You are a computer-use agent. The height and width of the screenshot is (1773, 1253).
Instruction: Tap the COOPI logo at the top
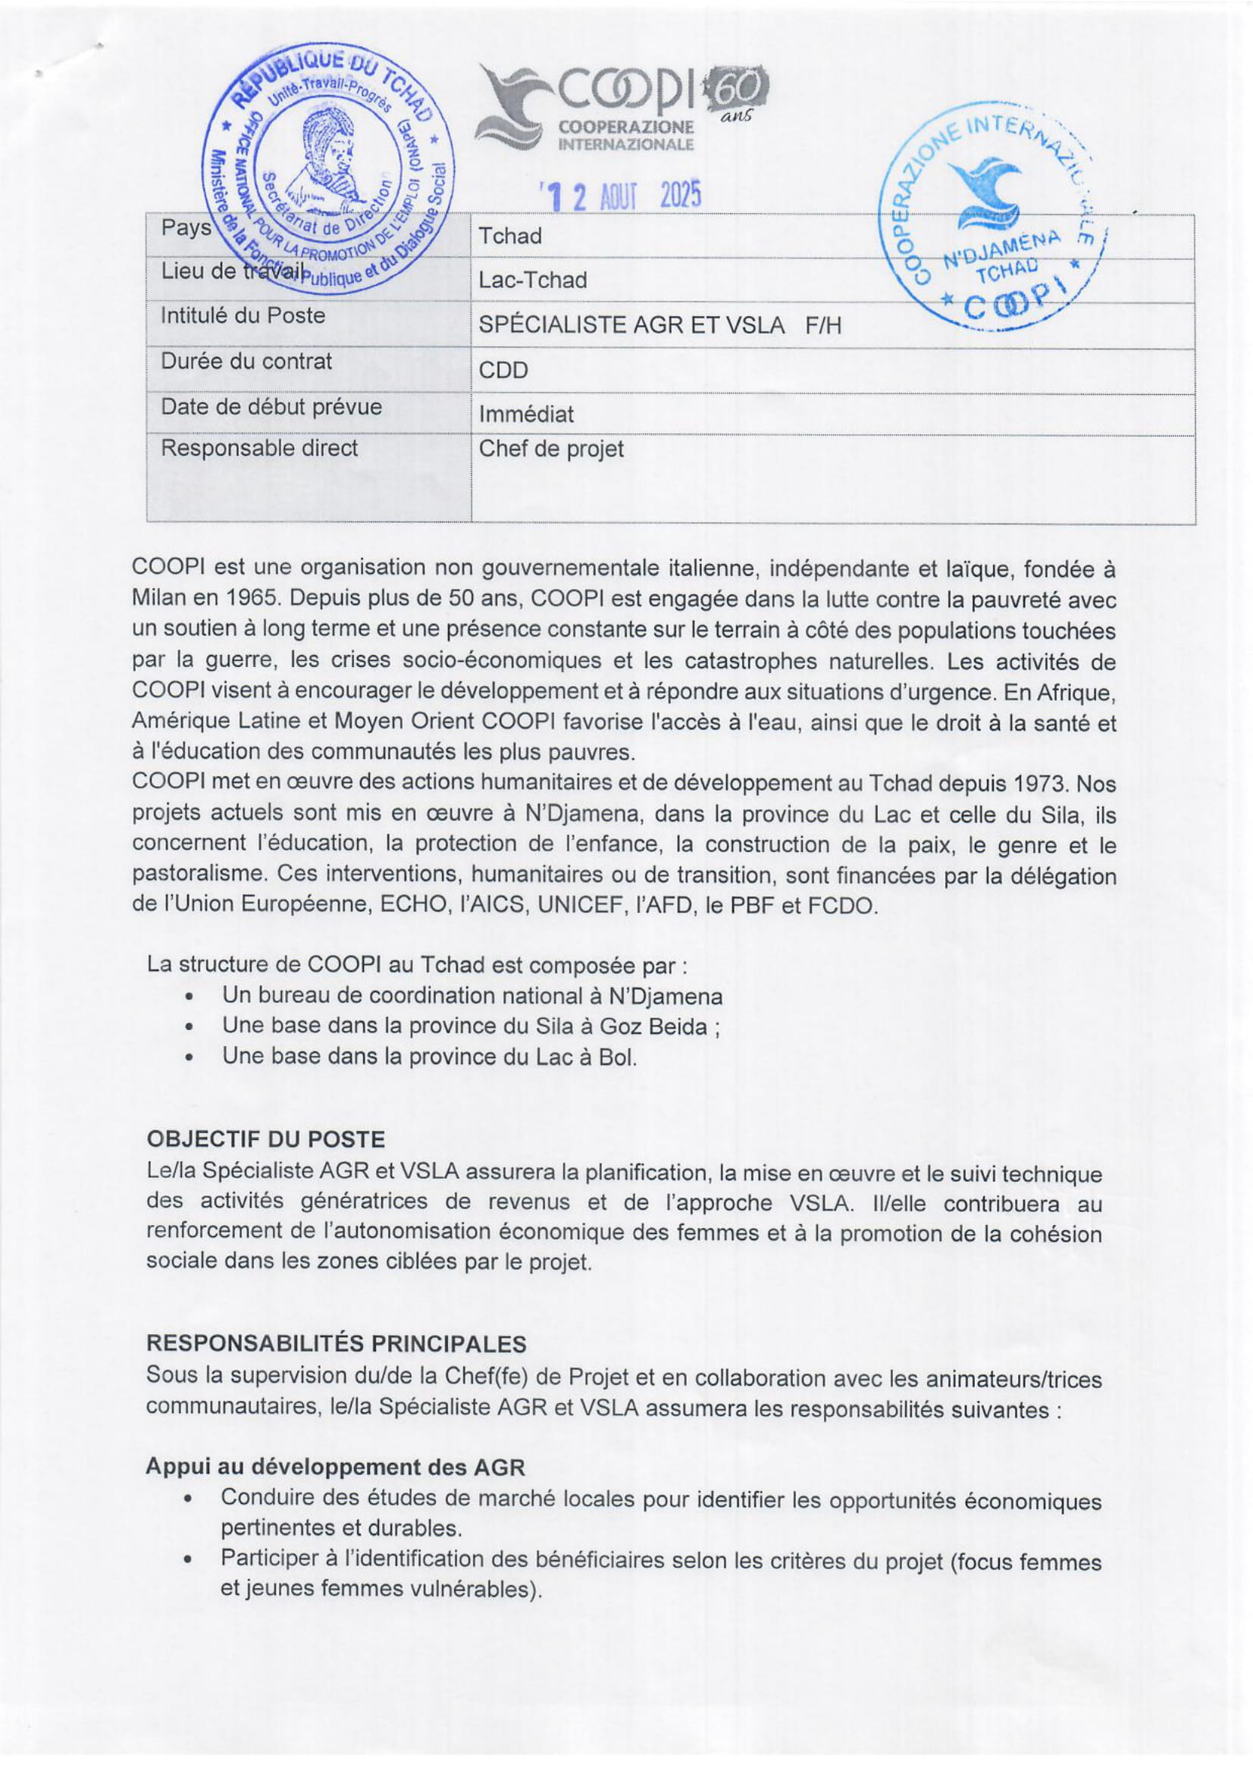click(622, 109)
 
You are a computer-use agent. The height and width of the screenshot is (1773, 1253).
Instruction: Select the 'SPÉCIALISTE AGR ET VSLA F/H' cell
click(659, 325)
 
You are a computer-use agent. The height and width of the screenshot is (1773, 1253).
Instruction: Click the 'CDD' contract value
click(503, 371)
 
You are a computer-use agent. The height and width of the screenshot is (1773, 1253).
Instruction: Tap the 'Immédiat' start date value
click(526, 415)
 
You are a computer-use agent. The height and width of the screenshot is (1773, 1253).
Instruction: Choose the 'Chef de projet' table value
click(551, 449)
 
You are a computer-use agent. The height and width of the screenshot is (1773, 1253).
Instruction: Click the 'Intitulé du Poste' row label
click(243, 316)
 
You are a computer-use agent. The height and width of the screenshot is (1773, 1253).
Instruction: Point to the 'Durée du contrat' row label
click(246, 362)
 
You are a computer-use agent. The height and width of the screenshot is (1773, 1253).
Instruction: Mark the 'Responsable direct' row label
click(258, 448)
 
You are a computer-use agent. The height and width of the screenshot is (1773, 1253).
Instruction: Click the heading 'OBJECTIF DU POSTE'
click(265, 1140)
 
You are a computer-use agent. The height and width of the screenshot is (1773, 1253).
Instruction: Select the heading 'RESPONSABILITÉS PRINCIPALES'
click(336, 1345)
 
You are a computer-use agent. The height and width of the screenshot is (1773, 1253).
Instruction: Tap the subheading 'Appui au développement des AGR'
click(335, 1468)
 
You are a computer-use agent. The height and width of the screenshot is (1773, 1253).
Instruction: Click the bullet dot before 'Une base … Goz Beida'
click(190, 1029)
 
